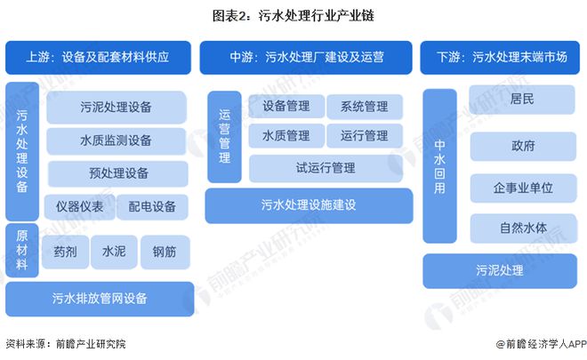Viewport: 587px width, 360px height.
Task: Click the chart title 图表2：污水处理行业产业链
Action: click(293, 16)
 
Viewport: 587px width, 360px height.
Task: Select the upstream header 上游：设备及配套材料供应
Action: click(98, 57)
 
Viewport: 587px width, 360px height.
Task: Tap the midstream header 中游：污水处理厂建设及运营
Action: click(306, 57)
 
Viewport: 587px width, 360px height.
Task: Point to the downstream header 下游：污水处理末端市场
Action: click(500, 57)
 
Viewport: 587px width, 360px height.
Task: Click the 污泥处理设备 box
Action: click(117, 107)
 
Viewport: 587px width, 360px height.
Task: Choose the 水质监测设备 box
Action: click(116, 140)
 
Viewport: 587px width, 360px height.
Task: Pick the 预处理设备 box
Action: click(118, 173)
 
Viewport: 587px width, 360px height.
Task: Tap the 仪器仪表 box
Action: click(79, 206)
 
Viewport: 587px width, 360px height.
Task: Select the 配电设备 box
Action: click(152, 206)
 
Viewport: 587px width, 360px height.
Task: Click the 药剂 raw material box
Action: click(65, 252)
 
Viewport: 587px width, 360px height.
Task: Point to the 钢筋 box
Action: click(165, 252)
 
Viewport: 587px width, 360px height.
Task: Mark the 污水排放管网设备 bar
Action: click(100, 299)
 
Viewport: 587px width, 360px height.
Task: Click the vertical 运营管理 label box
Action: click(225, 137)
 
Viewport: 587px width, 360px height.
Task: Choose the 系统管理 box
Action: click(365, 107)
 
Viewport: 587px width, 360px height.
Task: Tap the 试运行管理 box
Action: click(326, 168)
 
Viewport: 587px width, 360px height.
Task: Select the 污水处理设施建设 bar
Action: click(309, 205)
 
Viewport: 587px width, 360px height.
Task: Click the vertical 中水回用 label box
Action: click(439, 166)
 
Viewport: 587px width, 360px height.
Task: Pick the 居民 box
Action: click(522, 100)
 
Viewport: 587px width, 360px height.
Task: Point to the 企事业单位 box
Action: click(523, 188)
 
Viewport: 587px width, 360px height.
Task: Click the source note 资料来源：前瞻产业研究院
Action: click(66, 343)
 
